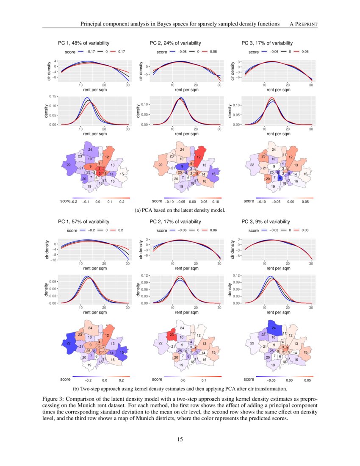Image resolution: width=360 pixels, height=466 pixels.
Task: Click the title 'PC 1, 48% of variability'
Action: pos(83,43)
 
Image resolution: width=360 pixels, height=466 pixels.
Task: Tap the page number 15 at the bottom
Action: pos(180,439)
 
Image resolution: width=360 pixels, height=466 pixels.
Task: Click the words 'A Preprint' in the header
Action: pos(301,24)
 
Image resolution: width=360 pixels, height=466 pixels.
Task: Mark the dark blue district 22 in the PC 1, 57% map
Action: pos(69,343)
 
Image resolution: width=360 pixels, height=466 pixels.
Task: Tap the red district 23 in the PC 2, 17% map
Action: pos(172,335)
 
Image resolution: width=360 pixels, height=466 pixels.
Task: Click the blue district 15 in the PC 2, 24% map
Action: pos(213,174)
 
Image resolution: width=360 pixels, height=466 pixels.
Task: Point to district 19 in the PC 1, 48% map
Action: pos(89,186)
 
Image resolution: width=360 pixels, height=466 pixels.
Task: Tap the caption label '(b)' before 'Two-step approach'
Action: pos(77,388)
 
